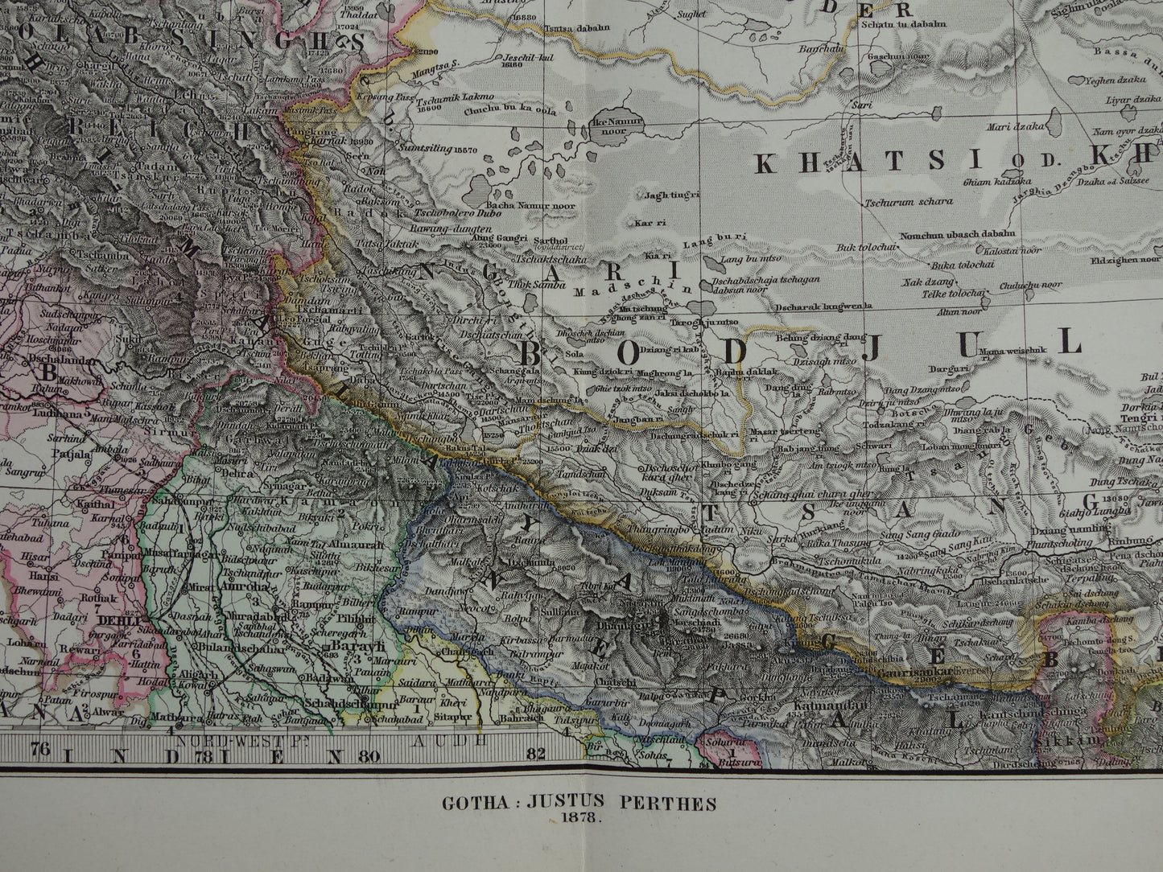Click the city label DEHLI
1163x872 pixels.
[x=113, y=621]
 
